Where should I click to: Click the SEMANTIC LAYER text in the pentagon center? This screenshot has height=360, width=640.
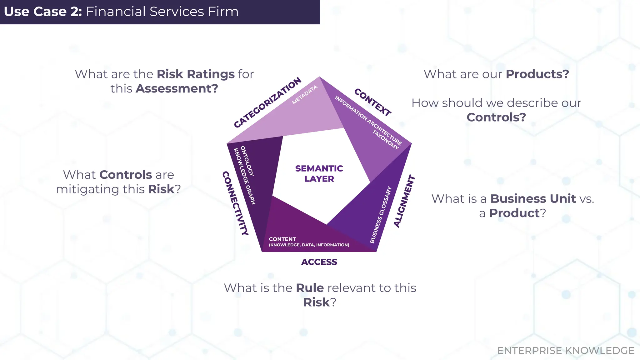[319, 173]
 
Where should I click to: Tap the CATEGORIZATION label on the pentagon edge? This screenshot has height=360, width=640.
[267, 102]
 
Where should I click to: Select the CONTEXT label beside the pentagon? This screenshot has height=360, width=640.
[372, 102]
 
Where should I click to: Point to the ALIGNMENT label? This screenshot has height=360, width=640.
[404, 201]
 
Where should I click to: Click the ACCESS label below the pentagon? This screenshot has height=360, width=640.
[319, 262]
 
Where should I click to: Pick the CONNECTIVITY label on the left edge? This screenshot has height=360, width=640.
[235, 203]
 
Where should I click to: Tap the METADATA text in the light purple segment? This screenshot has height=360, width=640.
[305, 95]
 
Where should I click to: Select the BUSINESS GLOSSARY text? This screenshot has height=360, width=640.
[380, 215]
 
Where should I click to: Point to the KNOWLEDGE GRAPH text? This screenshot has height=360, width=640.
[244, 176]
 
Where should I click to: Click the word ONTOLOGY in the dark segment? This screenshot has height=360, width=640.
[247, 161]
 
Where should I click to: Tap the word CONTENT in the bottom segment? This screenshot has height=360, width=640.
[282, 239]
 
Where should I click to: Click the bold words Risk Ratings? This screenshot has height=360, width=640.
[196, 74]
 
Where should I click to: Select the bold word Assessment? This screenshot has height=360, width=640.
[177, 88]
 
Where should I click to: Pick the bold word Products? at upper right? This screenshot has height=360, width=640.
[537, 74]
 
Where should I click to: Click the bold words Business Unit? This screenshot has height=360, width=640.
[533, 198]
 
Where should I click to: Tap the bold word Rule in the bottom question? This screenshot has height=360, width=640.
[310, 288]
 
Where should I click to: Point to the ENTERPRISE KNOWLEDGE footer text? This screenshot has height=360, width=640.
[566, 351]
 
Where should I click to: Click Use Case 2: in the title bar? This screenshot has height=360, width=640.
[43, 12]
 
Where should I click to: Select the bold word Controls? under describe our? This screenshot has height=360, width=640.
[496, 117]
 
